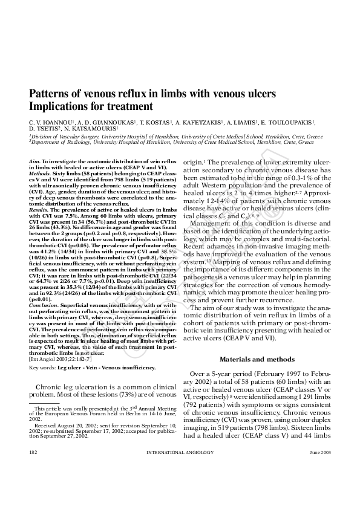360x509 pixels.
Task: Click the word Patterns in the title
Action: tap(51, 95)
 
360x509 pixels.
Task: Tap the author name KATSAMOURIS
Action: tap(96, 129)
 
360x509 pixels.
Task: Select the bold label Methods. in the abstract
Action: tap(40, 173)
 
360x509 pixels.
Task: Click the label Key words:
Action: tap(42, 367)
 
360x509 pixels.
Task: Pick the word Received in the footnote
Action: tap(46, 426)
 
